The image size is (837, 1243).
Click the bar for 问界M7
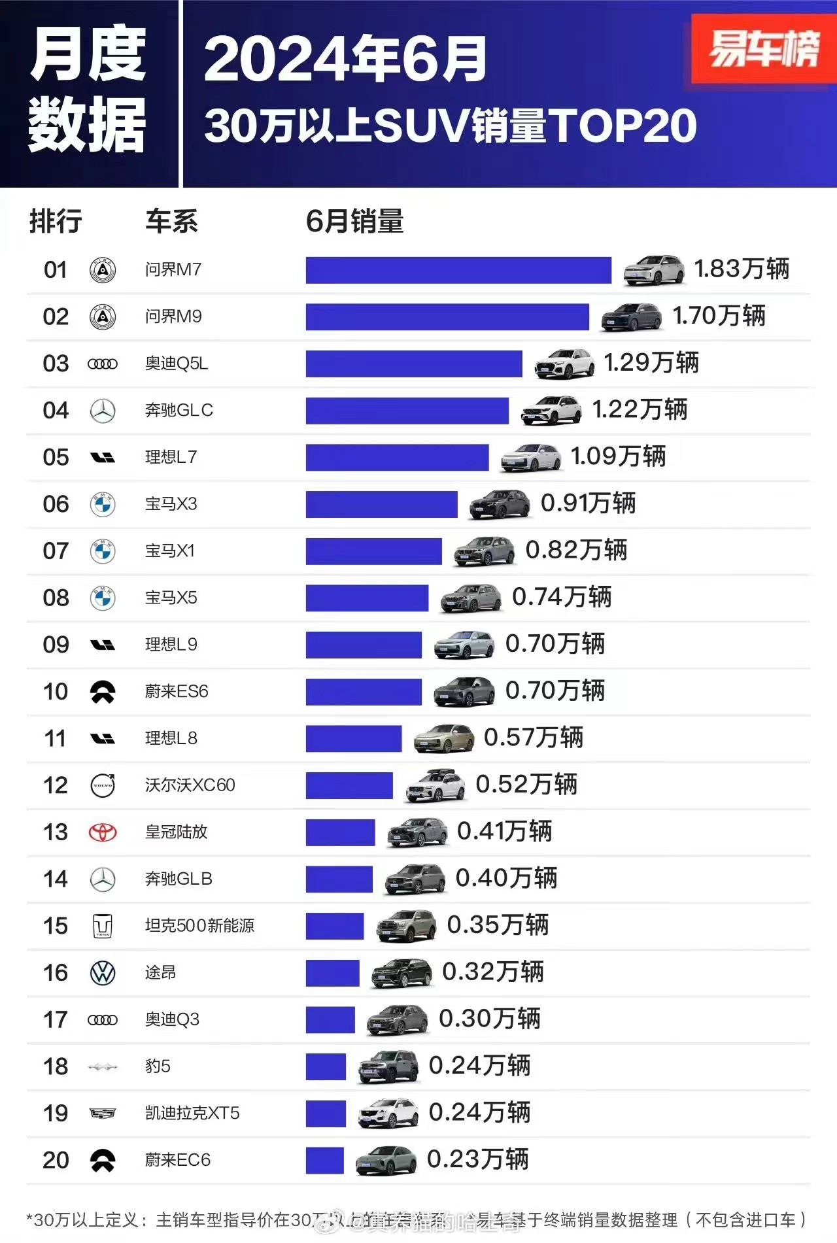[458, 270]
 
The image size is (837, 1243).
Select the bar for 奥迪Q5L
[413, 364]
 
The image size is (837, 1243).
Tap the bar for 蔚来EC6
[324, 1160]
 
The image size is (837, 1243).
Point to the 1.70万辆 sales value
[719, 316]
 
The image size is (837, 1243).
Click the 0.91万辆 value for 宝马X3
[588, 503]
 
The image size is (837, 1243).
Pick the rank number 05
[56, 457]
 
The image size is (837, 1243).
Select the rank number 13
[56, 832]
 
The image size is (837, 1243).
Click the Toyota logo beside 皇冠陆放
[103, 832]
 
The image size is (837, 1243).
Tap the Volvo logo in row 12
[103, 785]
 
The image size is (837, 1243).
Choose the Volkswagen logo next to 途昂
[103, 973]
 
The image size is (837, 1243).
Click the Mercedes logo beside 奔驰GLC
[103, 411]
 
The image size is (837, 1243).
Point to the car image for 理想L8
[444, 738]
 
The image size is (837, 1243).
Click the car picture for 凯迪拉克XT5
[388, 1113]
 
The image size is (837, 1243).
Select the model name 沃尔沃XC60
[190, 785]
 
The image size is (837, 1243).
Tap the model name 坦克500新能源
[199, 925]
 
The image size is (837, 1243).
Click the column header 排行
[56, 221]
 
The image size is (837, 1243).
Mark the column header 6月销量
[354, 221]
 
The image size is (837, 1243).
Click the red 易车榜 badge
[763, 49]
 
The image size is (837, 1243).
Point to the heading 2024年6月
[345, 59]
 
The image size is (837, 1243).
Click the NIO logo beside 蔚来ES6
[103, 692]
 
